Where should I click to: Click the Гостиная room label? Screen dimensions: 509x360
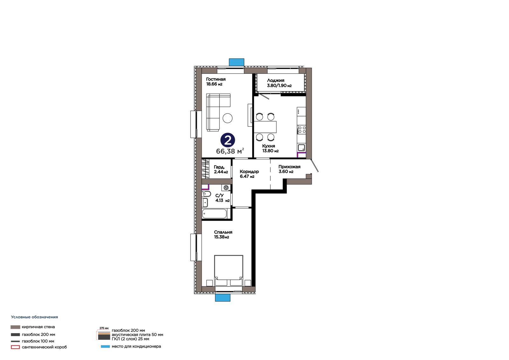(x=216, y=81)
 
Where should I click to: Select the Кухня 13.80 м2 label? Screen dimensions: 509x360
(x=270, y=148)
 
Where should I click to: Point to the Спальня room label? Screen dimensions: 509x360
(x=223, y=235)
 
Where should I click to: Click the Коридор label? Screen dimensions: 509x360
(x=249, y=174)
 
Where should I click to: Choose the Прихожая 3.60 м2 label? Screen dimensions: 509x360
(x=289, y=169)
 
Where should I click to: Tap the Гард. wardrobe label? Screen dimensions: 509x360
(x=221, y=169)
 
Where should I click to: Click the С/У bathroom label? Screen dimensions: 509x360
(x=222, y=198)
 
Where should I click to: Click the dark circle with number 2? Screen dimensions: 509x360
(x=227, y=140)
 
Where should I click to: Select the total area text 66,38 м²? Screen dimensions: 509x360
(x=230, y=151)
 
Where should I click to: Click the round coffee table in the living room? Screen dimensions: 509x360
(x=227, y=118)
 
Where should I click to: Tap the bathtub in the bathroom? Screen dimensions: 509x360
(x=214, y=214)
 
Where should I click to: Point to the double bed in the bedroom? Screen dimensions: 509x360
(x=229, y=271)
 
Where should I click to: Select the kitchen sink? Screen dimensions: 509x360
(x=302, y=148)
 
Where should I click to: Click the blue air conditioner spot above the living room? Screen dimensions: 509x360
(x=236, y=62)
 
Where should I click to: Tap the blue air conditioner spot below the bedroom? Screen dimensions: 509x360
(x=223, y=298)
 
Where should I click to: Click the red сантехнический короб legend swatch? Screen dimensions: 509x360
(x=15, y=347)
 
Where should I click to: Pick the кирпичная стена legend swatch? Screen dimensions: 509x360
(x=15, y=327)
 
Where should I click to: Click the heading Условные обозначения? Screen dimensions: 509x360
(x=35, y=317)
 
